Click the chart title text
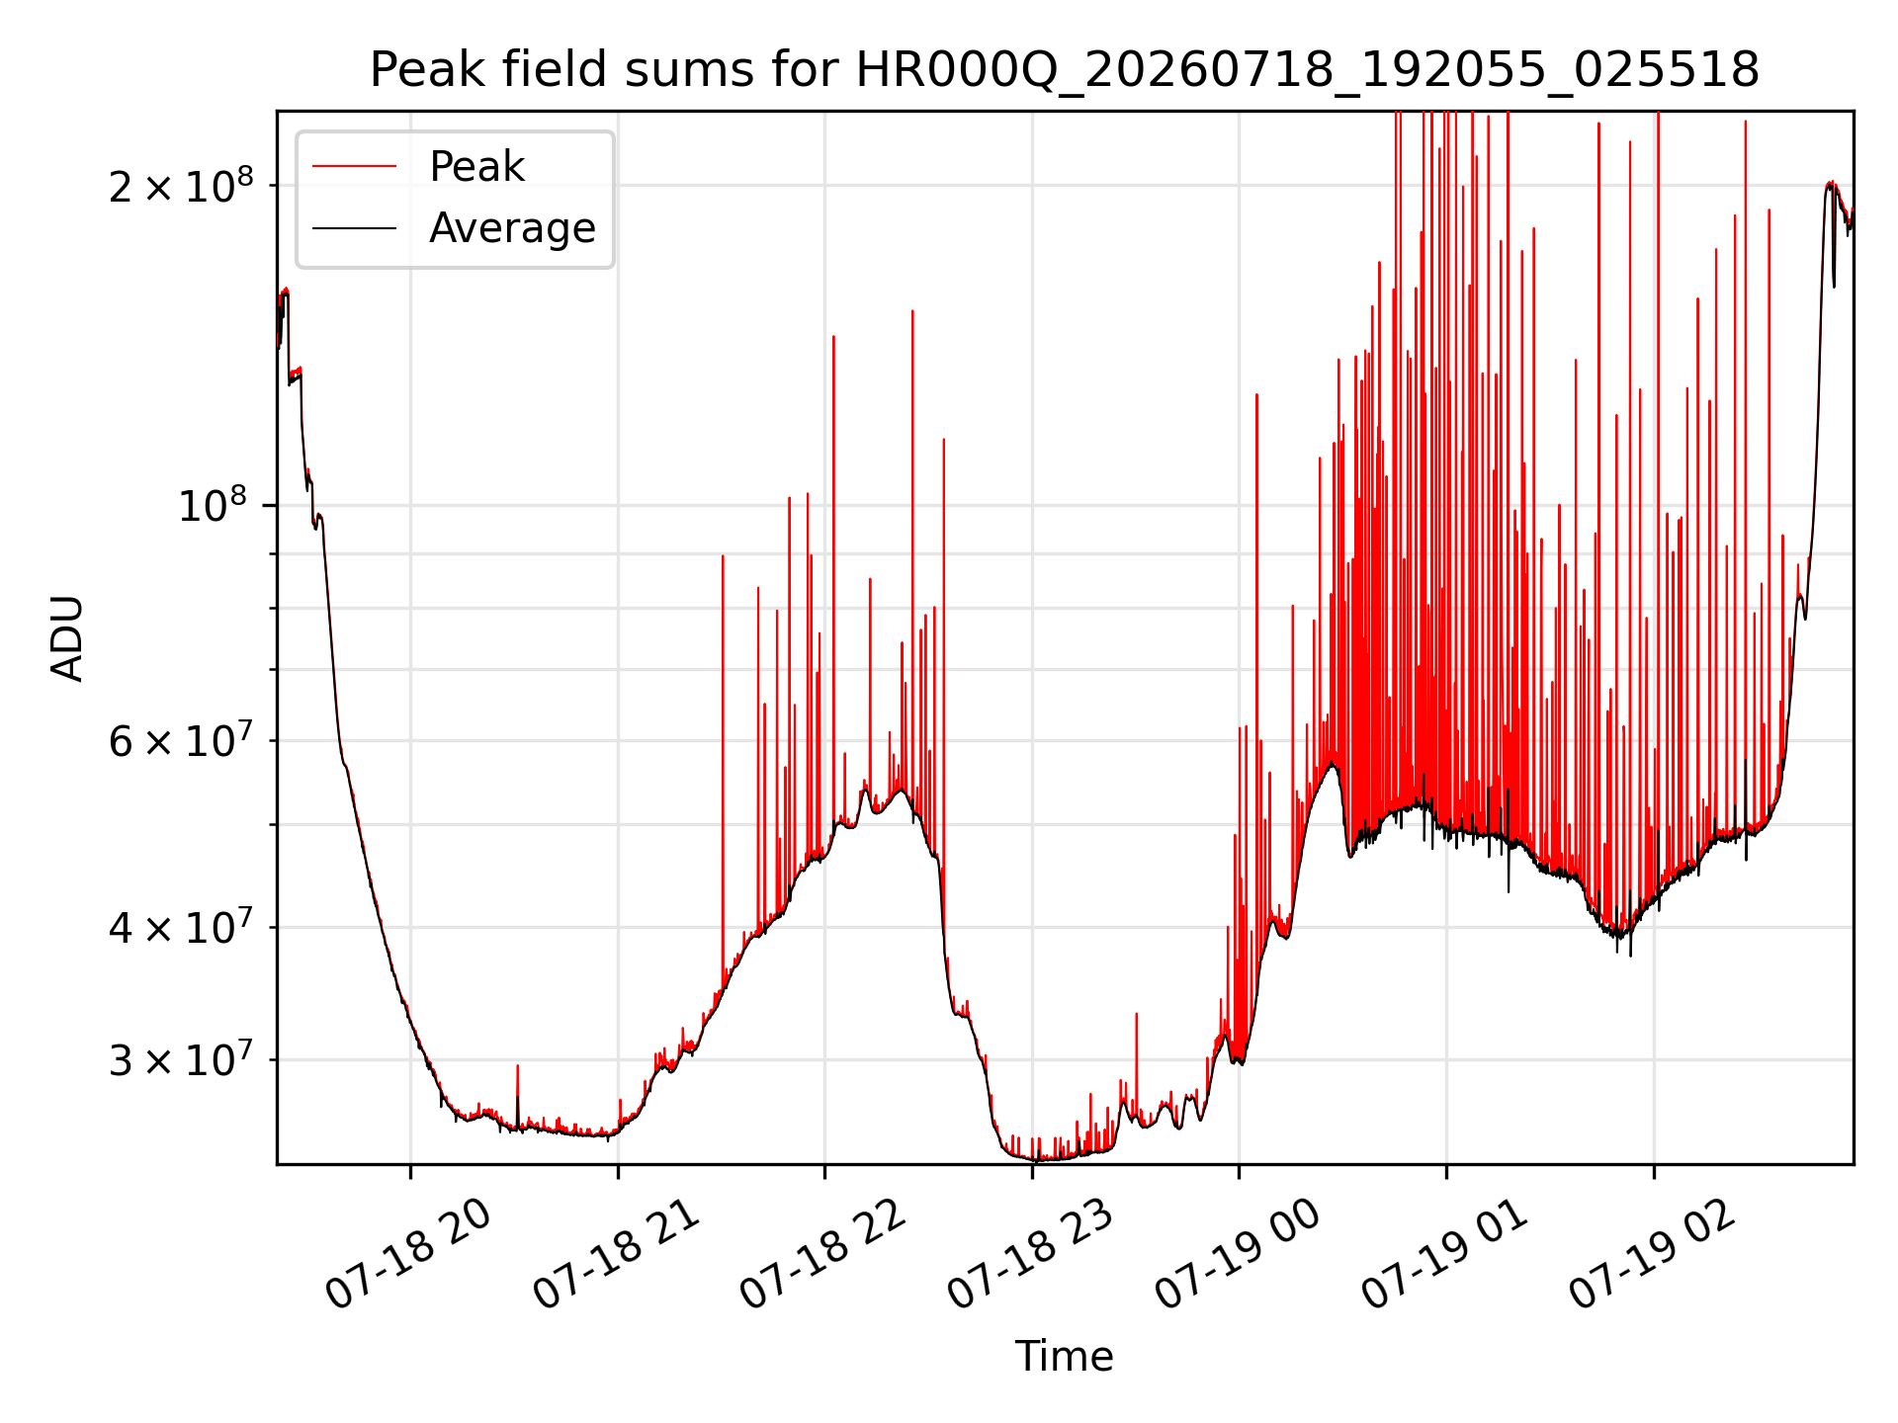pyautogui.click(x=1065, y=70)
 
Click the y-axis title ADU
pyautogui.click(x=67, y=638)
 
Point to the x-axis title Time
pyautogui.click(x=1065, y=1357)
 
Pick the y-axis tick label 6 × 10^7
pyautogui.click(x=181, y=739)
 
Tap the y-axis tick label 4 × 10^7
pyautogui.click(x=181, y=927)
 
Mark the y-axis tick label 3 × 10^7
pyautogui.click(x=181, y=1059)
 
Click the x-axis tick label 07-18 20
pyautogui.click(x=409, y=1255)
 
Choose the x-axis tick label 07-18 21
pyautogui.click(x=617, y=1255)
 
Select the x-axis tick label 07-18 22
pyautogui.click(x=823, y=1255)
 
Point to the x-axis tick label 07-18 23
pyautogui.click(x=1031, y=1255)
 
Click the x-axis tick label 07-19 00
pyautogui.click(x=1238, y=1255)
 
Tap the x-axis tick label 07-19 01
pyautogui.click(x=1445, y=1255)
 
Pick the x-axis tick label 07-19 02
pyautogui.click(x=1653, y=1255)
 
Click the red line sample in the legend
pyautogui.click(x=354, y=167)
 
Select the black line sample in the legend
pyautogui.click(x=354, y=228)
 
